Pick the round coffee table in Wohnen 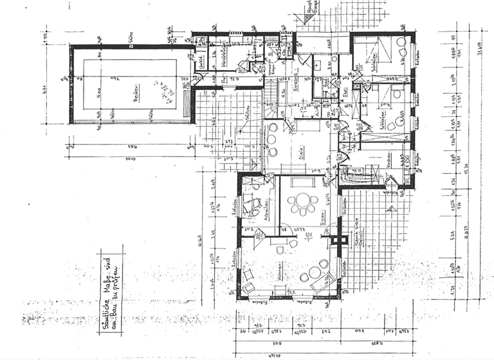pyautogui.click(x=315, y=273)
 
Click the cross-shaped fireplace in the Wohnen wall pyautogui.click(x=334, y=239)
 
